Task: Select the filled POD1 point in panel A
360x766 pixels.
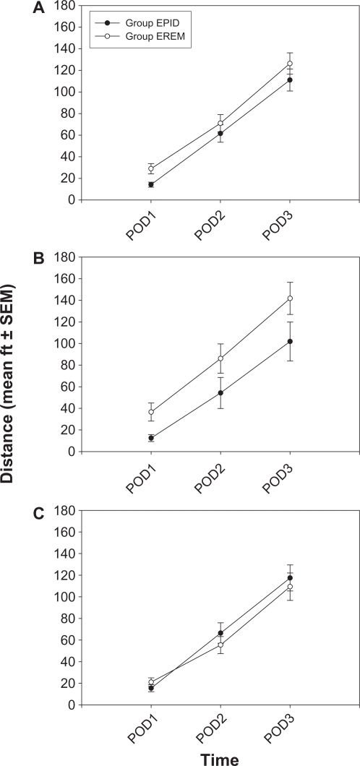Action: [x=151, y=184]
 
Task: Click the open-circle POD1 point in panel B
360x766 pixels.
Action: [x=151, y=412]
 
